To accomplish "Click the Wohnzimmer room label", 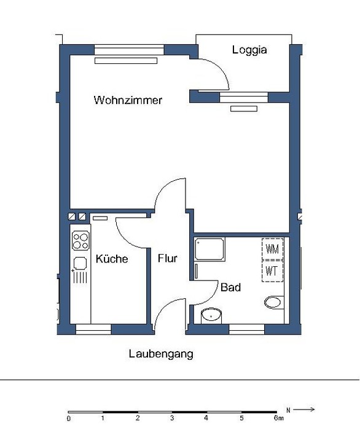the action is pyautogui.click(x=128, y=100).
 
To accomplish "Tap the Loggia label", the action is pyautogui.click(x=249, y=50).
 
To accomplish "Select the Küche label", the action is pyautogui.click(x=112, y=259).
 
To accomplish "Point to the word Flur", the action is pyautogui.click(x=168, y=258).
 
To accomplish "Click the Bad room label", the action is pyautogui.click(x=230, y=287).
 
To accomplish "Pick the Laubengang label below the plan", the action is pyautogui.click(x=161, y=355).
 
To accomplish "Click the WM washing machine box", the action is pyautogui.click(x=273, y=249).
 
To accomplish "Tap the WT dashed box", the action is pyautogui.click(x=273, y=271).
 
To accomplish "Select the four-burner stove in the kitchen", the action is pyautogui.click(x=80, y=240).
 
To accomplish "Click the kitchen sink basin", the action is pyautogui.click(x=80, y=263).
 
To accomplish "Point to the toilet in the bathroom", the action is pyautogui.click(x=273, y=303).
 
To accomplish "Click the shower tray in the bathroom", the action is pyautogui.click(x=209, y=249).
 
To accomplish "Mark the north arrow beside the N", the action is pyautogui.click(x=303, y=409).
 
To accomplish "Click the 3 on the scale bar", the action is pyautogui.click(x=172, y=418).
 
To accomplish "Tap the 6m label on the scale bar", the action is pyautogui.click(x=279, y=418).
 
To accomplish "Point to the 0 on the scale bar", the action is pyautogui.click(x=69, y=419).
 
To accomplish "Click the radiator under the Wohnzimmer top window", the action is pyautogui.click(x=126, y=61).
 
